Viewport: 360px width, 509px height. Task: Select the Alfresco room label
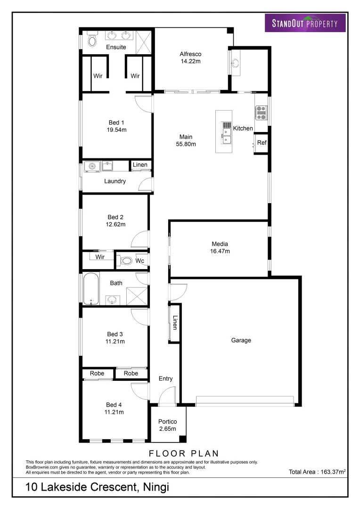190,54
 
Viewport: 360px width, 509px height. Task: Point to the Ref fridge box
262,143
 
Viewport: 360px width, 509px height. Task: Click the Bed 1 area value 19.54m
116,130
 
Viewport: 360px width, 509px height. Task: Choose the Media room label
220,244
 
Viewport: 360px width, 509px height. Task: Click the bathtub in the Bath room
90,288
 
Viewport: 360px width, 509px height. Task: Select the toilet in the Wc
126,260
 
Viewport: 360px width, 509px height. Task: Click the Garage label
241,340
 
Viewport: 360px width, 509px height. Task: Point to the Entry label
165,378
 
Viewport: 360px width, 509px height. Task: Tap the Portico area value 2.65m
167,429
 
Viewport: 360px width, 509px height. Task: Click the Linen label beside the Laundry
140,165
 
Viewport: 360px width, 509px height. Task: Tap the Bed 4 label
114,405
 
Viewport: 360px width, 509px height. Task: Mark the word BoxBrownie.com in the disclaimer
41,467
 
